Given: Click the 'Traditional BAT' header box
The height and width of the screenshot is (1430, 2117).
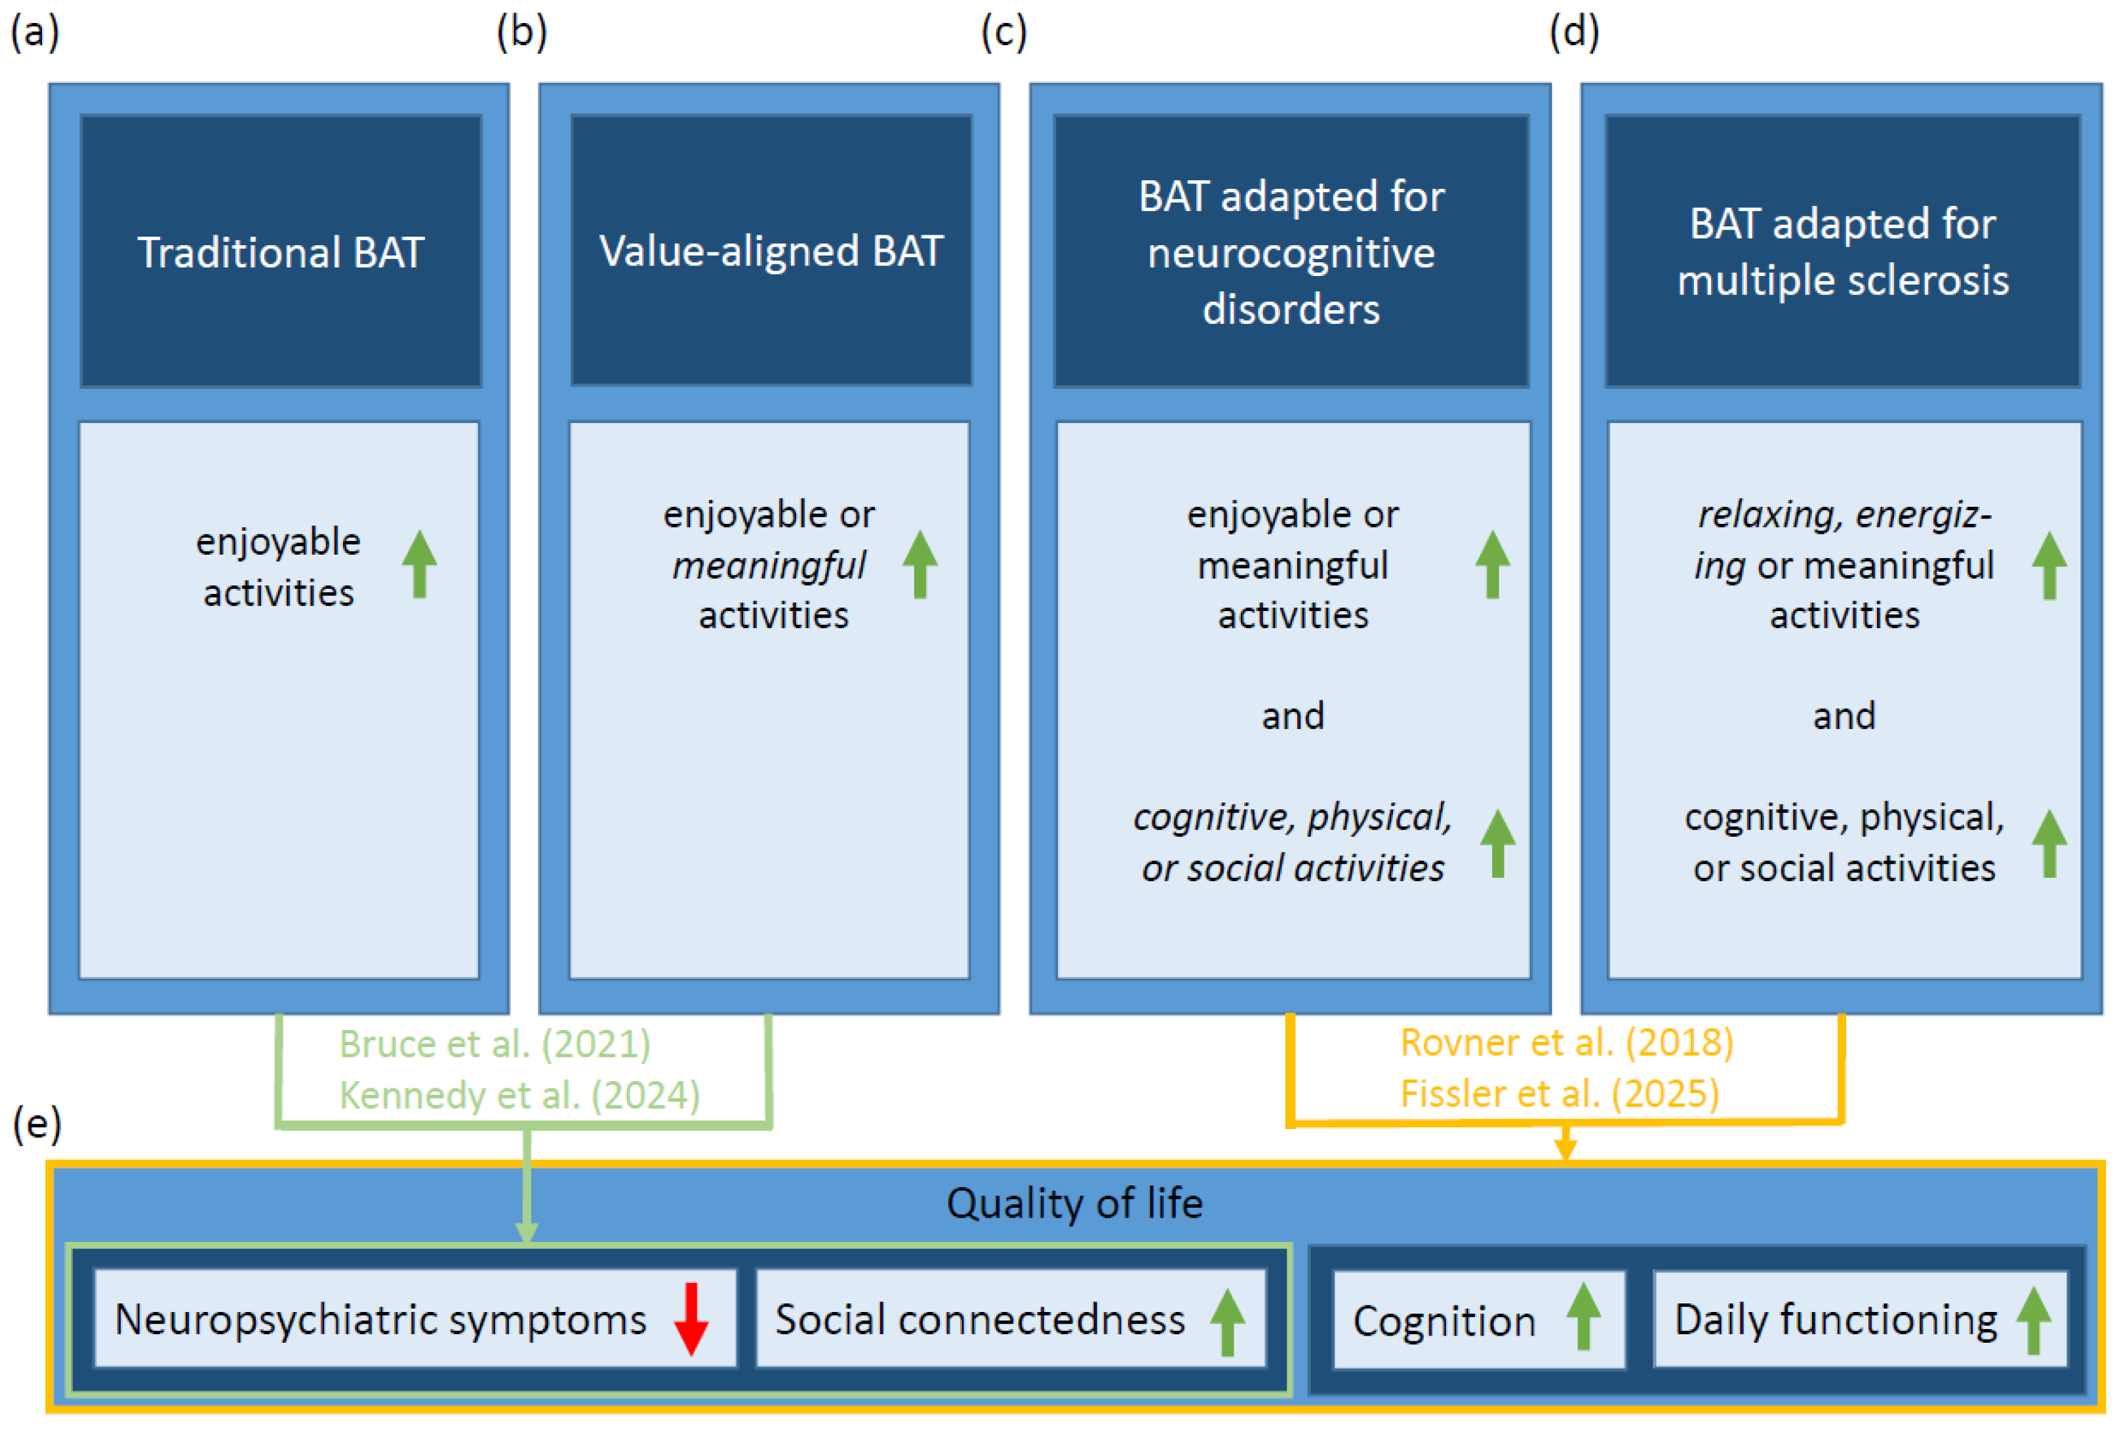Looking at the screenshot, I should click(x=281, y=251).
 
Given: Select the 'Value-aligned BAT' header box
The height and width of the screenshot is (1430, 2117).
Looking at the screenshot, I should click(x=771, y=250).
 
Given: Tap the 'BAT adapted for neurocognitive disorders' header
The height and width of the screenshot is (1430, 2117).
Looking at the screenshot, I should click(x=1291, y=251).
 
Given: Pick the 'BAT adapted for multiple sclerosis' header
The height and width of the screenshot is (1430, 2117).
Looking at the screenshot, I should click(x=1842, y=251).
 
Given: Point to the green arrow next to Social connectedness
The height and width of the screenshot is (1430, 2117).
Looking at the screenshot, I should click(x=1227, y=1321).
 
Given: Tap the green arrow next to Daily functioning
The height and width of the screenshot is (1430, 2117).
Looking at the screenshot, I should click(x=2033, y=1320).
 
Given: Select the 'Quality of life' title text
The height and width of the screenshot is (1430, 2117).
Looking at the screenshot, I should click(x=1074, y=1203).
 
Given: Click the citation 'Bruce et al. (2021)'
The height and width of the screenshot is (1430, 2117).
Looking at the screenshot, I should click(x=494, y=1044).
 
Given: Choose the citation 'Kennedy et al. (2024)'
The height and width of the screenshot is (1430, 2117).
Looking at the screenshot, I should click(x=519, y=1095).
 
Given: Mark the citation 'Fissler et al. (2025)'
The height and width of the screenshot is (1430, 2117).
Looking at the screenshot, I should click(x=1560, y=1093).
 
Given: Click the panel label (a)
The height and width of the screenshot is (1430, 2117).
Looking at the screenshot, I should click(x=35, y=32).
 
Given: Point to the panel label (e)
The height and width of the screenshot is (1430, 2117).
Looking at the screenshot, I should click(x=37, y=1123).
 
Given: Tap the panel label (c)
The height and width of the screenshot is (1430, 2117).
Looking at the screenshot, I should click(x=1004, y=32).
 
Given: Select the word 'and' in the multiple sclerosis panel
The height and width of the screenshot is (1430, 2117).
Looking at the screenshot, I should click(x=1844, y=716).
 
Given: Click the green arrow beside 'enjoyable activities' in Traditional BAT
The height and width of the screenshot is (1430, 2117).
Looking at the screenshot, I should click(x=419, y=564).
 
